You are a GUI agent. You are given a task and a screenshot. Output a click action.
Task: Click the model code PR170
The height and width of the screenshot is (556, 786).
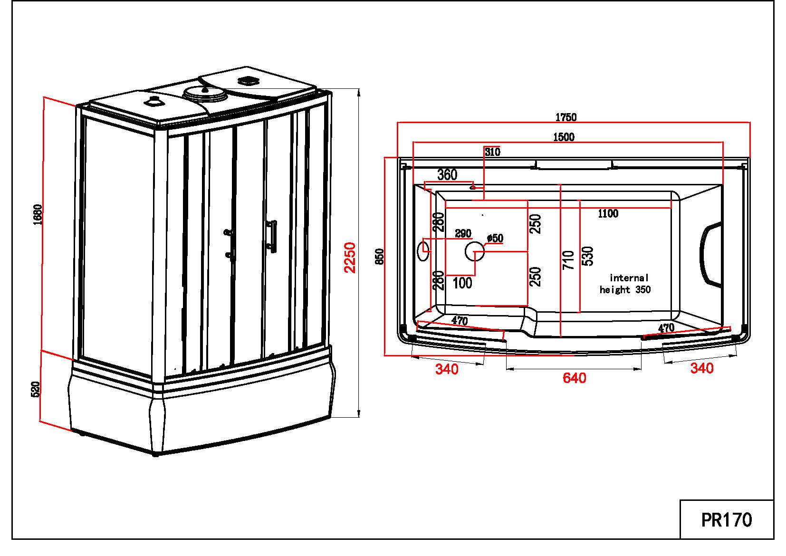point(727,519)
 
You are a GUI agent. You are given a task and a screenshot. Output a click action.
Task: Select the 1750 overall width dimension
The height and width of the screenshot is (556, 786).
point(566,117)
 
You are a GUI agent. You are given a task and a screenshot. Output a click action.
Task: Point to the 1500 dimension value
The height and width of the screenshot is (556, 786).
point(564,137)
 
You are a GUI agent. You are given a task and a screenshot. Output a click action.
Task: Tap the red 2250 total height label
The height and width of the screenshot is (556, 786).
point(350,258)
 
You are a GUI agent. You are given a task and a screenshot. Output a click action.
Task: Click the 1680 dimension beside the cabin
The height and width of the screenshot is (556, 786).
point(38,215)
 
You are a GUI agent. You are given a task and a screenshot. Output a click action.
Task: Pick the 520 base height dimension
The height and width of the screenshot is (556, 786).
point(35,389)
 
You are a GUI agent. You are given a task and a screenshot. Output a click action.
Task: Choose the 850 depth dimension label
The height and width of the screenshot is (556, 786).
point(379,257)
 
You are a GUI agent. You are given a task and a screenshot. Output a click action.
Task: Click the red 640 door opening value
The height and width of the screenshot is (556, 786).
point(574,378)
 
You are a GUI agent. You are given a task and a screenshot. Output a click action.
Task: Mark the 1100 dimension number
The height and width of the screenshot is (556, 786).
point(608,213)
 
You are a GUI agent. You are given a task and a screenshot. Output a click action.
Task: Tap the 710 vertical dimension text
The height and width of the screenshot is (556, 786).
point(568,260)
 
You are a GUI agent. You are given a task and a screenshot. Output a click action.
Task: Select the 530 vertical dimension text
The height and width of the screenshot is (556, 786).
point(588,256)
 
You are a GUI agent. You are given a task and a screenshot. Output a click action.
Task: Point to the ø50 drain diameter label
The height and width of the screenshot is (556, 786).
point(495,238)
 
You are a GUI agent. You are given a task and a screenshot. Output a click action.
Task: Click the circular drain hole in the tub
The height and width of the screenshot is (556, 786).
point(474,251)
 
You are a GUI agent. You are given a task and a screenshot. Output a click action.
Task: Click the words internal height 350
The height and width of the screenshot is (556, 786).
point(626,284)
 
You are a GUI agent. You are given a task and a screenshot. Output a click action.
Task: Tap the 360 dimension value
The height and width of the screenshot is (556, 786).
point(447,174)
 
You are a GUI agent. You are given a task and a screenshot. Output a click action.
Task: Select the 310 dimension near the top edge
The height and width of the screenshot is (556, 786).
point(493,152)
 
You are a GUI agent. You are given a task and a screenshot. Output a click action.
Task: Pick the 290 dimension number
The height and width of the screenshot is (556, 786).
point(463,233)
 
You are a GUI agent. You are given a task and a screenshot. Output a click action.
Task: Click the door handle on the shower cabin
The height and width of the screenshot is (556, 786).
point(273,236)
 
